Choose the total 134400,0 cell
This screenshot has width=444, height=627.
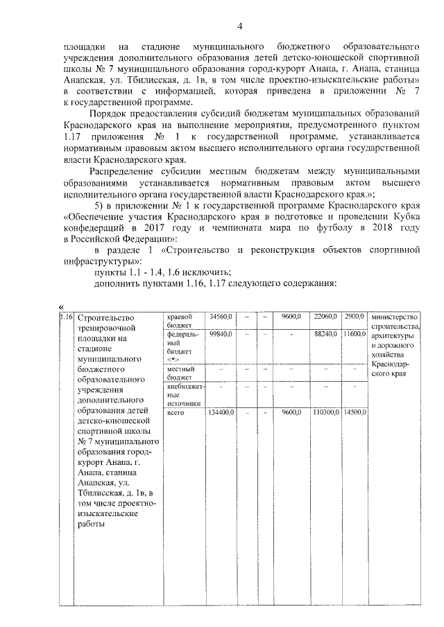coord(221,412)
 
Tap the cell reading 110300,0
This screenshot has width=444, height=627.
coord(323,412)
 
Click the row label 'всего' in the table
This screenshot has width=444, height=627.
coord(176,412)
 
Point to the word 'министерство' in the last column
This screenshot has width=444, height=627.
coord(395,317)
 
